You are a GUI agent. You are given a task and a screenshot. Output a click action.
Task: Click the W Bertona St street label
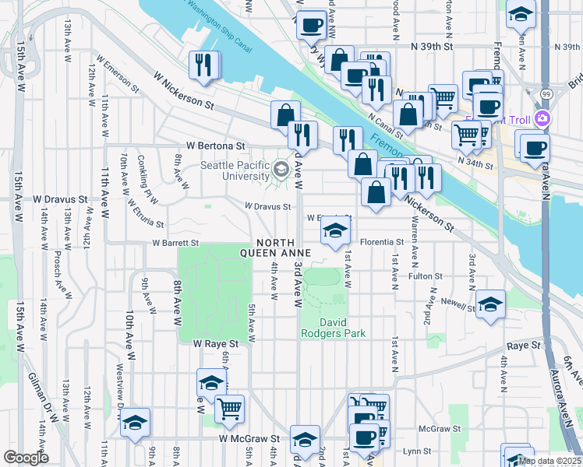pos(215,146)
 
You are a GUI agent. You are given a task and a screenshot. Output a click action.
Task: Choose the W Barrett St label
pos(176,242)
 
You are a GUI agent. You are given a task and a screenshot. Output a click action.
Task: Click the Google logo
pos(26,457)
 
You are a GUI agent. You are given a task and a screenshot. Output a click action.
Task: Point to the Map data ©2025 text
pos(549,461)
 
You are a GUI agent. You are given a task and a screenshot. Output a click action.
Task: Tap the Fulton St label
pos(426,276)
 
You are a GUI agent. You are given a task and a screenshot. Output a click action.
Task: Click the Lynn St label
pos(418,451)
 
